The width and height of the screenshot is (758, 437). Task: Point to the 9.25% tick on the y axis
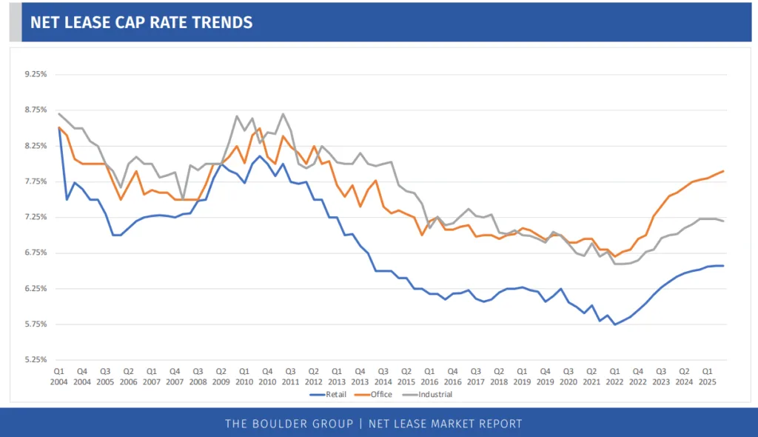click(x=36, y=75)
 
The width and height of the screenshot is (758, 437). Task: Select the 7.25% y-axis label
click(x=36, y=217)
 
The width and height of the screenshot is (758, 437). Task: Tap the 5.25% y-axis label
click(x=36, y=360)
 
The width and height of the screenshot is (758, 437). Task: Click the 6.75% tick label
click(x=36, y=253)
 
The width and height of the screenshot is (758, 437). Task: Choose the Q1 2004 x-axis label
click(x=59, y=376)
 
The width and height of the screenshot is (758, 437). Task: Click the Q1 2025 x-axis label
click(x=707, y=376)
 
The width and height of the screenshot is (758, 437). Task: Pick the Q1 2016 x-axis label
click(x=429, y=376)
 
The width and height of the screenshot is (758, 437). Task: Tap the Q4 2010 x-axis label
click(x=266, y=376)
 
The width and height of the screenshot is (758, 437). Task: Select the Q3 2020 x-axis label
click(x=568, y=376)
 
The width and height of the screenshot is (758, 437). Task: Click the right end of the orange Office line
click(x=723, y=171)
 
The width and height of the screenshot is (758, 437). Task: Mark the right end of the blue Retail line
click(x=723, y=266)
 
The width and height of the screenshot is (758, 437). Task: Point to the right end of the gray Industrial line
click(x=723, y=221)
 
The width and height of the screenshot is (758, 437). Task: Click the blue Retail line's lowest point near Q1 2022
click(x=614, y=324)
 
